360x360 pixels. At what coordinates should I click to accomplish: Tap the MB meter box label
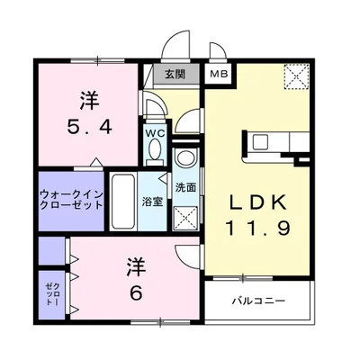tap(219, 75)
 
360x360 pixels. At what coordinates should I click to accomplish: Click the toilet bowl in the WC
tap(157, 112)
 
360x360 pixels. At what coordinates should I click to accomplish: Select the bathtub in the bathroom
tap(123, 200)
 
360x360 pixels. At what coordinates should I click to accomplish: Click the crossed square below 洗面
tap(186, 216)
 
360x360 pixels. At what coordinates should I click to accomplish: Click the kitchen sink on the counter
tap(259, 141)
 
